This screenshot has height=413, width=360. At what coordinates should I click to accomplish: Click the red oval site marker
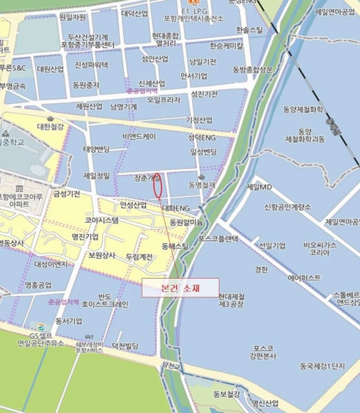pos(158,185)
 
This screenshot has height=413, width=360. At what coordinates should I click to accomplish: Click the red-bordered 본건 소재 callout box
pos(180,288)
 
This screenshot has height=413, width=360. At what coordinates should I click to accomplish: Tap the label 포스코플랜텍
pos(218,238)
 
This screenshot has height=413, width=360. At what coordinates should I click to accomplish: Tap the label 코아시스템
pos(102,221)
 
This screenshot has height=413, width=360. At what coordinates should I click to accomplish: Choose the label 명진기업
pos(85,237)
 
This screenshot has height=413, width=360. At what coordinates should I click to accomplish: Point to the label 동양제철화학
pos(304,109)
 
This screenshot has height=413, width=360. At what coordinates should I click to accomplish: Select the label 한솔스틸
pos(248,31)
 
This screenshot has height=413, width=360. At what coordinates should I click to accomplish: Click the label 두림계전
pos(140,257)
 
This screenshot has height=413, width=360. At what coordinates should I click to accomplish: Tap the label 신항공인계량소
pos(288,206)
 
